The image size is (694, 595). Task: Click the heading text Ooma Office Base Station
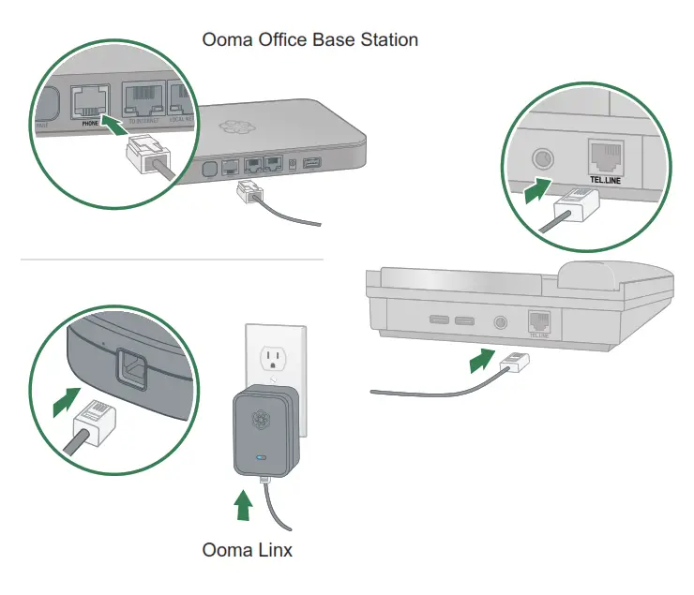[x=310, y=39]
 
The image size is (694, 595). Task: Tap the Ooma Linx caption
[x=247, y=550]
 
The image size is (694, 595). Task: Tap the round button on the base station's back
[x=210, y=171]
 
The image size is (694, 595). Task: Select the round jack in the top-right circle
[x=542, y=157]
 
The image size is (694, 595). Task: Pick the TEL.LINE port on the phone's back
[x=538, y=321]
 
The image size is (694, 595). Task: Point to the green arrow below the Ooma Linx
[x=244, y=507]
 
